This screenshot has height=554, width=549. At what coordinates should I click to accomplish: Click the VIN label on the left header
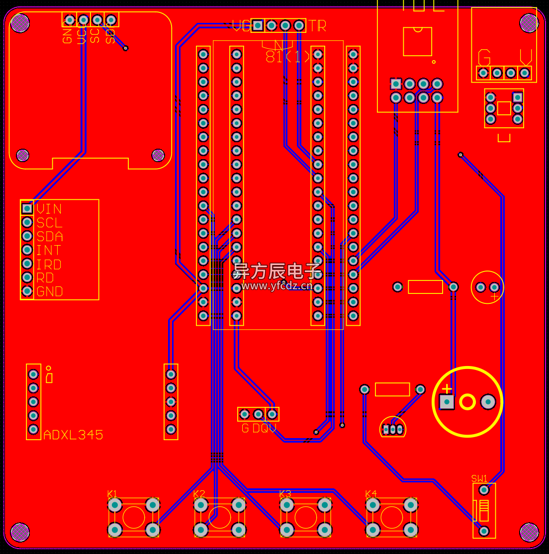[49, 209]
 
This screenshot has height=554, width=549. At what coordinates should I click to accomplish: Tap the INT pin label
[48, 250]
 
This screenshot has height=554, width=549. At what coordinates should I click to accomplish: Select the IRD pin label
[49, 264]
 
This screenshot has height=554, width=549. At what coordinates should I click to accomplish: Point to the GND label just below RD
[50, 291]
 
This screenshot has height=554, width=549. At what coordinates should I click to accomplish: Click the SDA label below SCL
[49, 236]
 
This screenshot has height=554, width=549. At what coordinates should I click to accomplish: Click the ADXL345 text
[73, 435]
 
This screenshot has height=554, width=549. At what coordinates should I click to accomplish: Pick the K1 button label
[112, 494]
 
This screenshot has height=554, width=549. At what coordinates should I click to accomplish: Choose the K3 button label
[285, 494]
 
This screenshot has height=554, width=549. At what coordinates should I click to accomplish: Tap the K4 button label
[371, 494]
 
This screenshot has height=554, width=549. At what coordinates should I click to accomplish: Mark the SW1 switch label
[479, 479]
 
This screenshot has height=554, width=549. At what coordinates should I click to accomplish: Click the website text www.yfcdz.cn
[277, 285]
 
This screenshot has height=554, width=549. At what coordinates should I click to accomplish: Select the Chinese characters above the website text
[277, 272]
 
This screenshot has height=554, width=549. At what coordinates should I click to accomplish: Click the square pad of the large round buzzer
[447, 401]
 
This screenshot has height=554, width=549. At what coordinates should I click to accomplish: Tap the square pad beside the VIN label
[27, 209]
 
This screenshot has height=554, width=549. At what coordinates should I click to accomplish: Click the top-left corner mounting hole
[20, 22]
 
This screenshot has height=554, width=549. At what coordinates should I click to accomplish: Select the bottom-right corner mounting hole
[529, 532]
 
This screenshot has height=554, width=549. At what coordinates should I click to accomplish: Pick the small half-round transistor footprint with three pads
[393, 428]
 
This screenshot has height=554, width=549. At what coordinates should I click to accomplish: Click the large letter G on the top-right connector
[484, 58]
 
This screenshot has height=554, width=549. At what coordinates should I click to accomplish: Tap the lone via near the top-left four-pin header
[126, 48]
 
